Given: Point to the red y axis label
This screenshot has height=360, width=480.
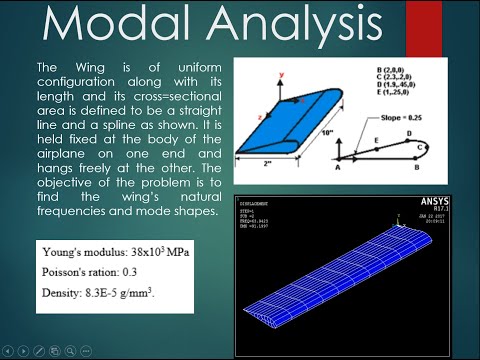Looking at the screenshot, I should pos(254,73).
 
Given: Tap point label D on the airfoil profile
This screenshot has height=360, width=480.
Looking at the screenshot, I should pos(409,130).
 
